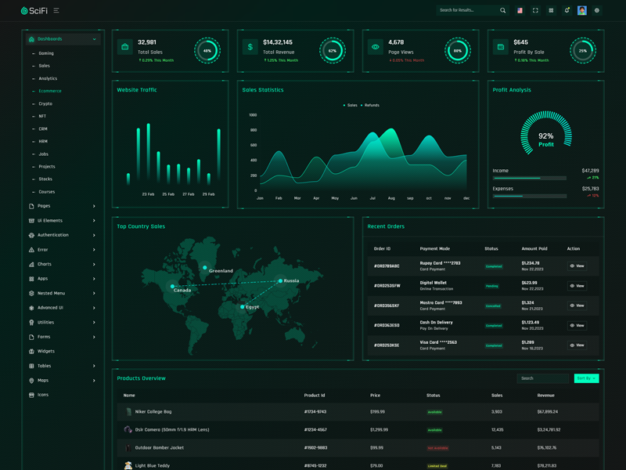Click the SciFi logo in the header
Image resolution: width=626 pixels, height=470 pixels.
(x=34, y=10)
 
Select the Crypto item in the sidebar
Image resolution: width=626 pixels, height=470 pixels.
(x=45, y=103)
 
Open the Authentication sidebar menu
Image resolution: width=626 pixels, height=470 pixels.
(x=53, y=235)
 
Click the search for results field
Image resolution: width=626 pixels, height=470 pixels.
(x=468, y=10)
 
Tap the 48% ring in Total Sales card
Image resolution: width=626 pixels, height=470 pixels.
(x=207, y=50)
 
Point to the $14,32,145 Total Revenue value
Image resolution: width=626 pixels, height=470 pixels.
(x=278, y=42)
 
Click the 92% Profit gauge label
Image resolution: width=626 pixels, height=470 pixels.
(x=546, y=139)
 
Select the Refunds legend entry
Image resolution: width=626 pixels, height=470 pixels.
(x=371, y=105)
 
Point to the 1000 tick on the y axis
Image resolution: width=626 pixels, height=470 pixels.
(x=253, y=115)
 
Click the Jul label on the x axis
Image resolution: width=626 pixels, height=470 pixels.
(x=372, y=198)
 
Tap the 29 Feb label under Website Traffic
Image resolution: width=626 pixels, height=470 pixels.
(x=208, y=194)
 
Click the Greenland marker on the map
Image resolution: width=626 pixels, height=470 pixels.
(x=205, y=268)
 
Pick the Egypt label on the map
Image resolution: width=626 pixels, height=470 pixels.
(x=252, y=307)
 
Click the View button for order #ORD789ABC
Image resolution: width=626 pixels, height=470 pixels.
(x=577, y=266)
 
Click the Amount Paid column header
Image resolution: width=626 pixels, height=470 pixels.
(x=535, y=249)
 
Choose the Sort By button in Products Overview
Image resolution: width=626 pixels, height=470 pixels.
(x=586, y=378)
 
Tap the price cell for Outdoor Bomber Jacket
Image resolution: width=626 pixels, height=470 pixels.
(x=377, y=448)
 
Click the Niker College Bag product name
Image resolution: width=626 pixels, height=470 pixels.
(x=153, y=411)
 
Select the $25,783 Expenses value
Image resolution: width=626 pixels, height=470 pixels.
(x=590, y=189)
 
